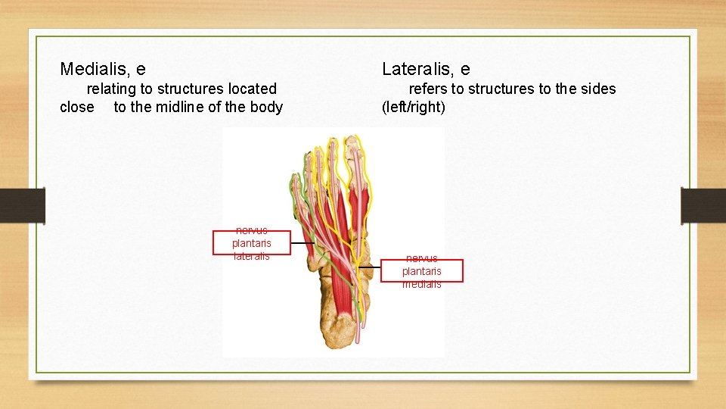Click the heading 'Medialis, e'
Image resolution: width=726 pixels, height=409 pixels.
click(103, 70)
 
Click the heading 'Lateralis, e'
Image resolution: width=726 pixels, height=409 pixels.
click(426, 70)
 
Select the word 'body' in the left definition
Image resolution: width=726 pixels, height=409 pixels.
click(266, 107)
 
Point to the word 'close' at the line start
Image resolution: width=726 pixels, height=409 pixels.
click(77, 107)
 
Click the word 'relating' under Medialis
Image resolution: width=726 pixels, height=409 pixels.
click(112, 89)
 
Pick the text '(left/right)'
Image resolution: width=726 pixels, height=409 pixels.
click(414, 107)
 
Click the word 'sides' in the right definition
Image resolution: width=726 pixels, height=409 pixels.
click(597, 89)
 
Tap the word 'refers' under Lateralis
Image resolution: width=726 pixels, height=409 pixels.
click(428, 89)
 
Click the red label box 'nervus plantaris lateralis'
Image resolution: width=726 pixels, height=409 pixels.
click(251, 243)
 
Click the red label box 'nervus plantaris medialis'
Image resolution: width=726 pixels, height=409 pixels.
click(421, 271)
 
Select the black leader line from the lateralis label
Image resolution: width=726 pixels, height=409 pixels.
click(302, 243)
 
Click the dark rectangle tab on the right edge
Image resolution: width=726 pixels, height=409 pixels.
click(703, 206)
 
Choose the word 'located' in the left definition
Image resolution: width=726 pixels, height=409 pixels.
click(253, 89)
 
